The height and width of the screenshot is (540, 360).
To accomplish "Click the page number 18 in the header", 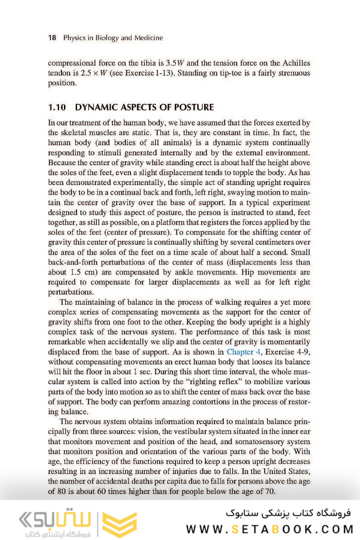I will pyautogui.click(x=51, y=37).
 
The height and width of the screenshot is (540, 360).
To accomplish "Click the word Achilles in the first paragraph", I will pyautogui.click(x=294, y=63).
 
